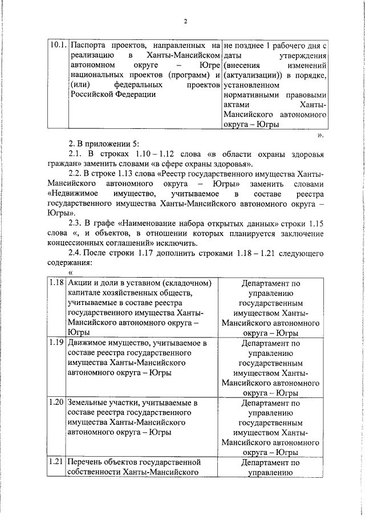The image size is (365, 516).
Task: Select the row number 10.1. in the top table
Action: point(57,44)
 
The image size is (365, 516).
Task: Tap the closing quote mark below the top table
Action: point(321,136)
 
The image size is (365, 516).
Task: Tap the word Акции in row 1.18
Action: point(80,283)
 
